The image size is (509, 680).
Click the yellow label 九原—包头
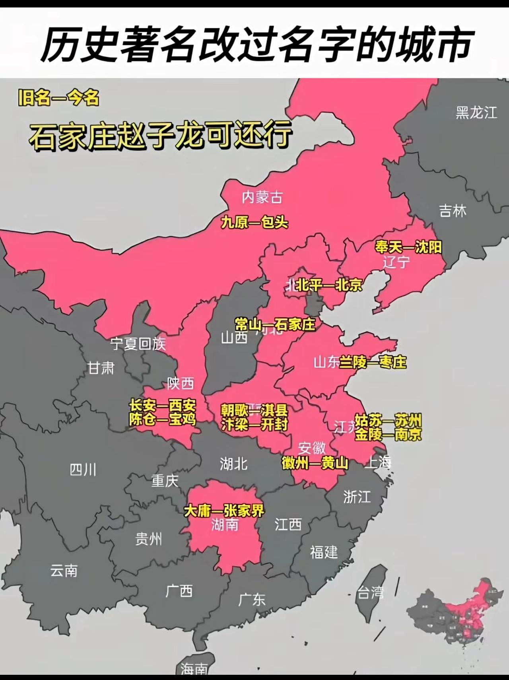254,222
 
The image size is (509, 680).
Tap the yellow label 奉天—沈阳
408,247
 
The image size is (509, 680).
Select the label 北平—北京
329,285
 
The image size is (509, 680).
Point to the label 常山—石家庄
275,324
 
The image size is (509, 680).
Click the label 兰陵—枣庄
373,362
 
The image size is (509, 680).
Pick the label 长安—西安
163,406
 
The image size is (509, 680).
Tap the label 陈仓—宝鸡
163,419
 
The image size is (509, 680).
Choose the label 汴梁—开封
254,424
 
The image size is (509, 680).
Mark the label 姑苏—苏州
388,420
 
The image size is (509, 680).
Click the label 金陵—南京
388,434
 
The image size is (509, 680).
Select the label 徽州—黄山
315,463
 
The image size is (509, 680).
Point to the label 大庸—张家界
224,511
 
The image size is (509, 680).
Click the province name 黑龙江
476,113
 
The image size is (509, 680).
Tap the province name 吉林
453,210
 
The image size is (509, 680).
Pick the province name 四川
83,470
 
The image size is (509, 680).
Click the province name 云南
64,571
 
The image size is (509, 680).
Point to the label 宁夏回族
138,344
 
